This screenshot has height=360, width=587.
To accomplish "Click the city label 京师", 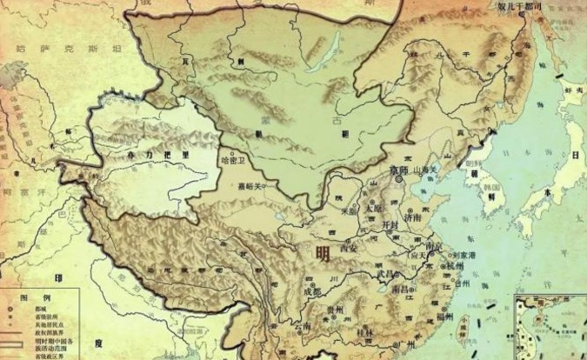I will click(399, 170).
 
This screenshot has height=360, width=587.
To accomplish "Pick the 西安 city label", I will click(350, 247).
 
